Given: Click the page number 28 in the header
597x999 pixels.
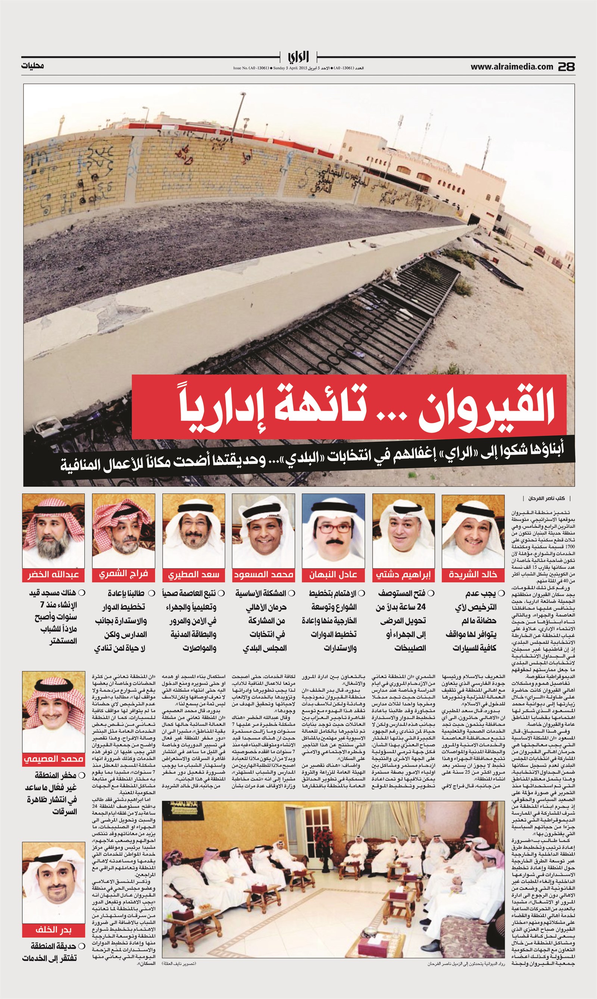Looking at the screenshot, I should tap(566, 67).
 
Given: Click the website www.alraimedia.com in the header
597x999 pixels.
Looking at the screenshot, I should tap(512, 67).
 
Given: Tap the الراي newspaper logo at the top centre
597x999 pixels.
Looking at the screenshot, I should tap(298, 57).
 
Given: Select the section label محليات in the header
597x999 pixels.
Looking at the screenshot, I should tap(32, 66).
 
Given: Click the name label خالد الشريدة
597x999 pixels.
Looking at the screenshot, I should tap(473, 575).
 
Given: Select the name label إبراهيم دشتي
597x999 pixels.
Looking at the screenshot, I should tap(403, 575).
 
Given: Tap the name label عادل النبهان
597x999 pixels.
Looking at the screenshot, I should tap(333, 575).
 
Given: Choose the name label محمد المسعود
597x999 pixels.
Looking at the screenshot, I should tap(263, 575).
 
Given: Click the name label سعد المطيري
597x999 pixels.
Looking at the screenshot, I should tap(194, 575).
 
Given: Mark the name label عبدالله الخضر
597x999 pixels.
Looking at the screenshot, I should tap(53, 575).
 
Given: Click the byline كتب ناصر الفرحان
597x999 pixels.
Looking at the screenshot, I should tap(549, 498).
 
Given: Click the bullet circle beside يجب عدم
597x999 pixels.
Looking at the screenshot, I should tap(501, 593).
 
